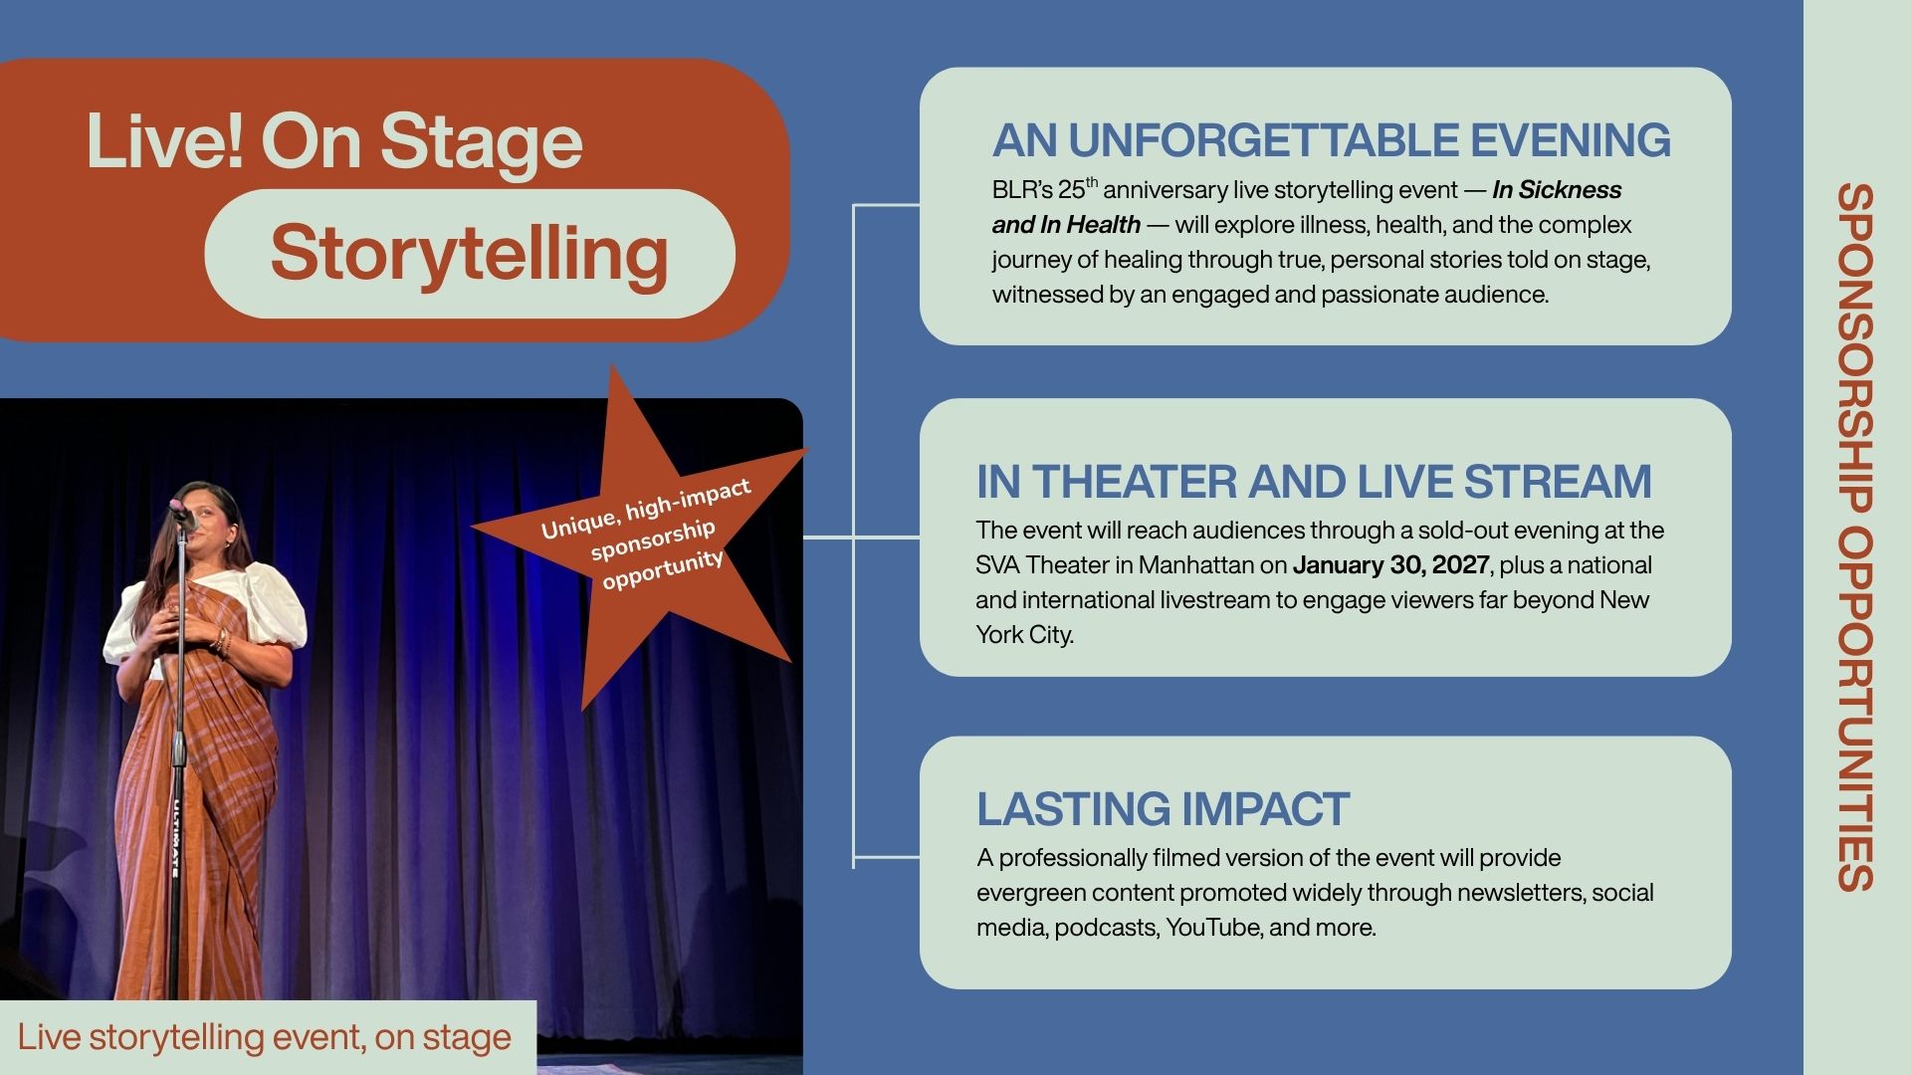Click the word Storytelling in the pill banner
pyautogui.click(x=469, y=254)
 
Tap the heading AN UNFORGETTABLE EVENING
pyautogui.click(x=1332, y=140)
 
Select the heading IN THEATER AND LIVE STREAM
pyautogui.click(x=1314, y=482)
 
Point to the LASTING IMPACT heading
pyautogui.click(x=1163, y=809)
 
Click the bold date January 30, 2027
pyautogui.click(x=1390, y=565)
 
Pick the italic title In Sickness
pyautogui.click(x=1557, y=190)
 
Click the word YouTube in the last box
pyautogui.click(x=1212, y=928)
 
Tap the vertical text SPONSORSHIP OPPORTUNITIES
pyautogui.click(x=1855, y=537)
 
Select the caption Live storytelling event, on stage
pyautogui.click(x=265, y=1037)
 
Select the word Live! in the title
pyautogui.click(x=164, y=141)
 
